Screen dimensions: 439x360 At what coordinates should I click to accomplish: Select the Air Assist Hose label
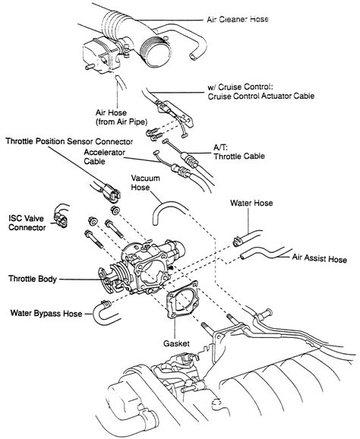point(320,259)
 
